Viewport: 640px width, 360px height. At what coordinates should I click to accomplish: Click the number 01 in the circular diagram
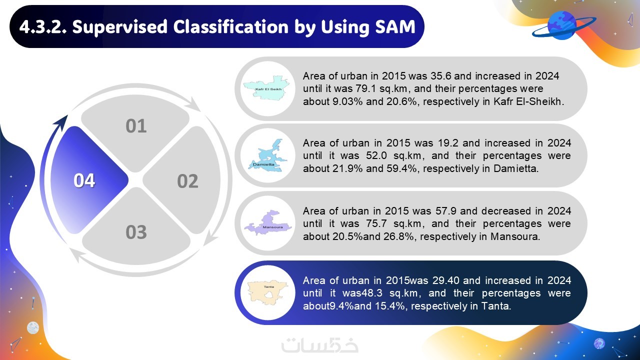coord(136,126)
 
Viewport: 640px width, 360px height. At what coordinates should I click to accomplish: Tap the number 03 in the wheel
coord(136,232)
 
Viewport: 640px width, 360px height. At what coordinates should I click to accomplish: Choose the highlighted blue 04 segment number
coord(84,180)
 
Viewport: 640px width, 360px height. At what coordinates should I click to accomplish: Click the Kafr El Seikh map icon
coord(267,87)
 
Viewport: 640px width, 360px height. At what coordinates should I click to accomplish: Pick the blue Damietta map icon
coord(267,155)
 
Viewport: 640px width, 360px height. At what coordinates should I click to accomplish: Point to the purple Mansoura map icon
coord(267,223)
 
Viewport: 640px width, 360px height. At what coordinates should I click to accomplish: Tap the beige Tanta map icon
coord(267,292)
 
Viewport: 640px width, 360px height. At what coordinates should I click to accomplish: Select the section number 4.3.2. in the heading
coord(43,27)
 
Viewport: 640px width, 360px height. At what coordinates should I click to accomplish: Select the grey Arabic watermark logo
coord(319,345)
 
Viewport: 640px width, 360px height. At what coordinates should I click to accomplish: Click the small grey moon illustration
coord(33,327)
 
